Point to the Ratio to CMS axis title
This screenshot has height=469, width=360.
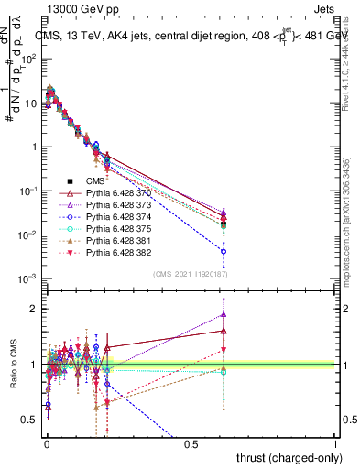[x=12, y=365]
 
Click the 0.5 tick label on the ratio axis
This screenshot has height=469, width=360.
[x=32, y=420]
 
